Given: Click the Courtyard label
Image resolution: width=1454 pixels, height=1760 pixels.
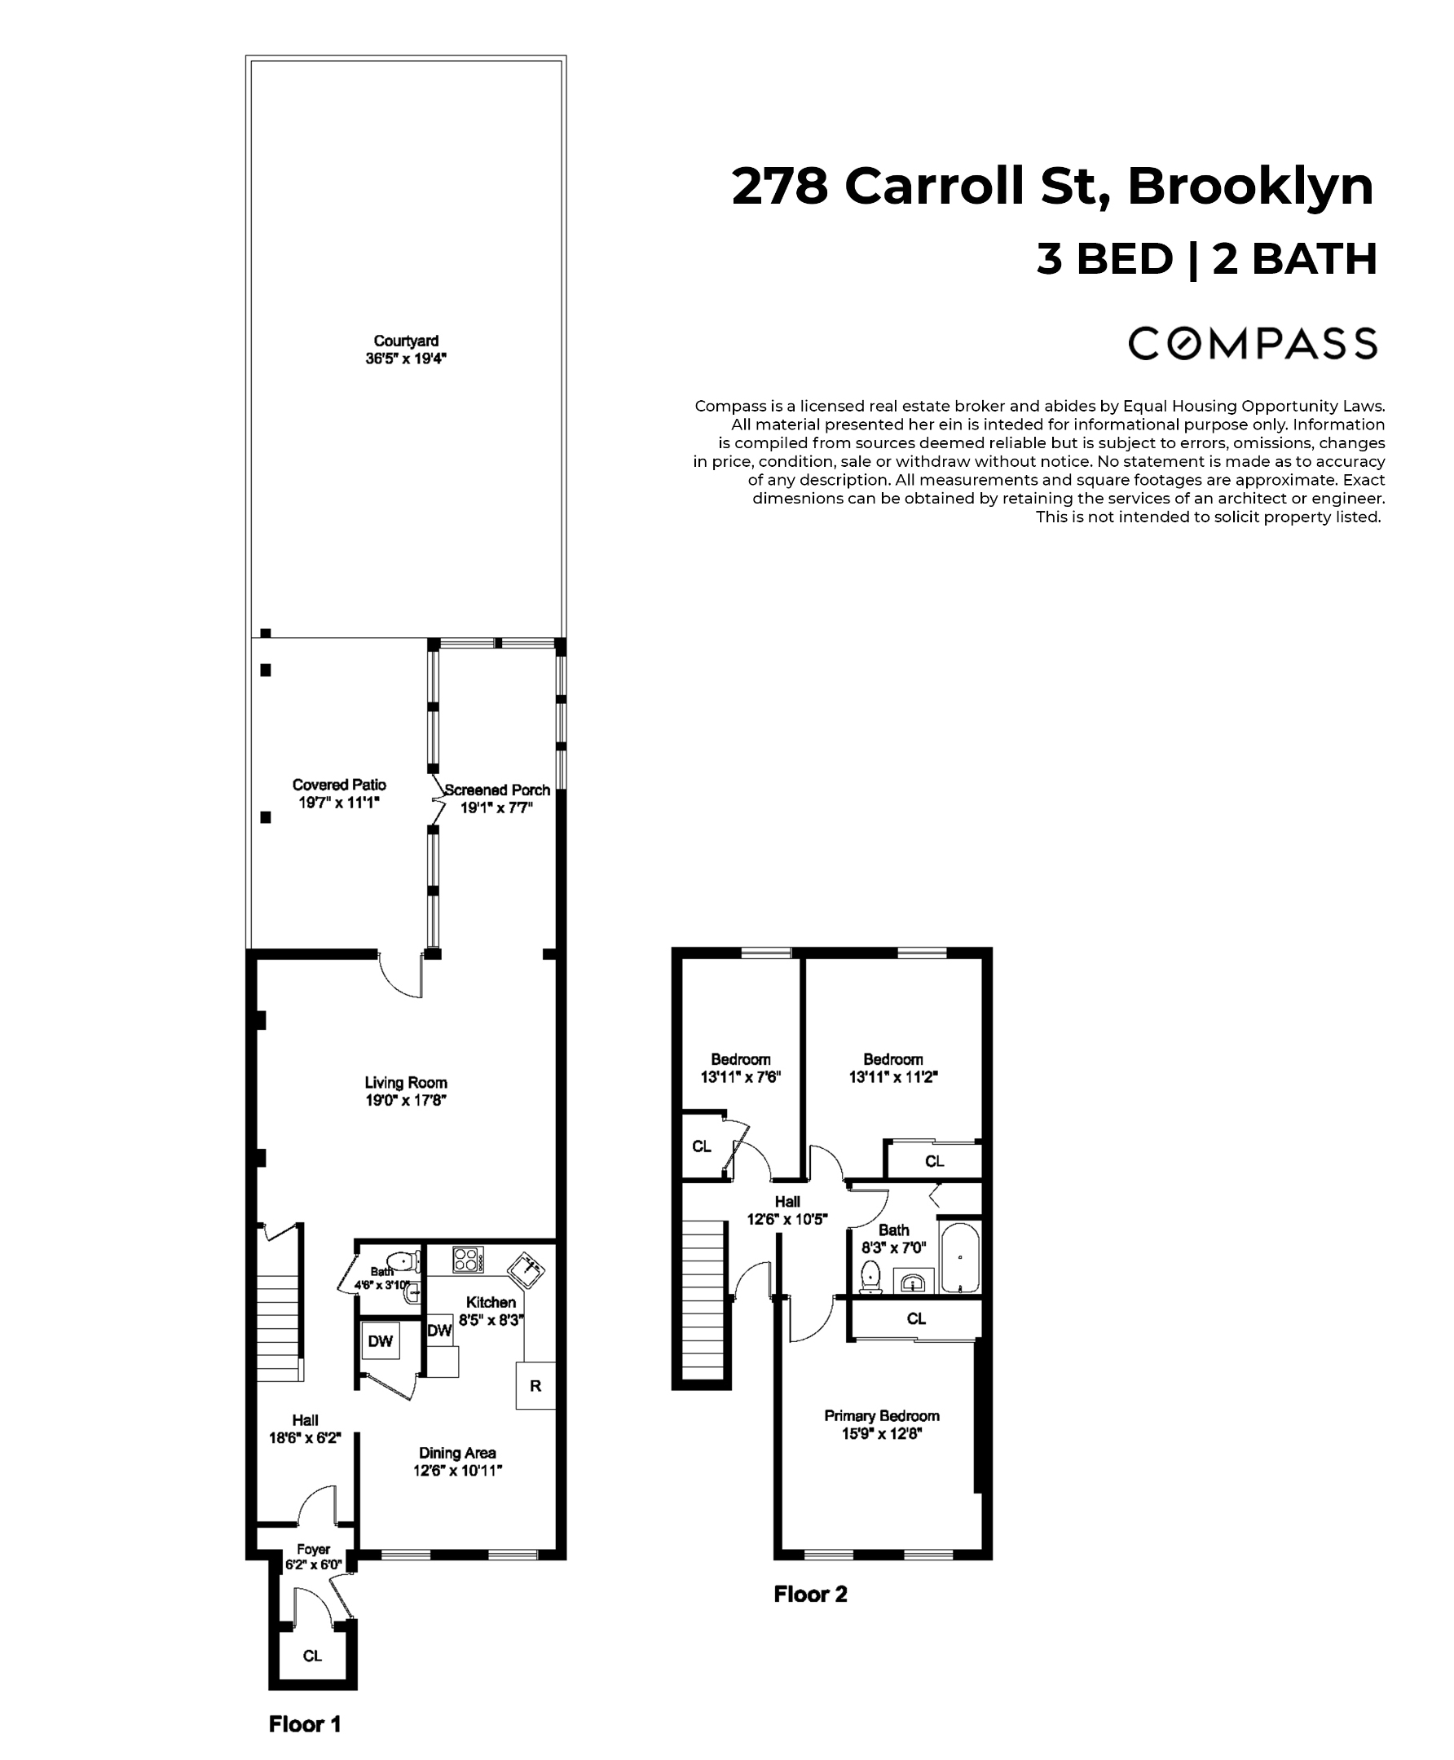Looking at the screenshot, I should (406, 341).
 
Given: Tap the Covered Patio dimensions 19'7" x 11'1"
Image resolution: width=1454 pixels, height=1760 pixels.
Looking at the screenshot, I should (339, 803).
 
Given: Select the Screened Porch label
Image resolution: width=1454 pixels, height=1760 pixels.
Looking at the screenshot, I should (497, 790).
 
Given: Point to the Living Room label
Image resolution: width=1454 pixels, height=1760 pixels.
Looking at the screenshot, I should (405, 1083).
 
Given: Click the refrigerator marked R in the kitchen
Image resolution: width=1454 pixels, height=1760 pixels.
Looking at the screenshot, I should (535, 1386).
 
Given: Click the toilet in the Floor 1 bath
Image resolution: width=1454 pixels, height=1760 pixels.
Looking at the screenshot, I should (403, 1261).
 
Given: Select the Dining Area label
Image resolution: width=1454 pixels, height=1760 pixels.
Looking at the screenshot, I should (457, 1453).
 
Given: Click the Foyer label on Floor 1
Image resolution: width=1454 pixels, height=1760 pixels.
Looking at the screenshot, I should (313, 1549).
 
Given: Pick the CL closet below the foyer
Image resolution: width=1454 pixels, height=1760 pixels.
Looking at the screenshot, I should (312, 1656).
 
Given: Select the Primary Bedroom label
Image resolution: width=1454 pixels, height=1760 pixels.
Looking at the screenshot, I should (881, 1415).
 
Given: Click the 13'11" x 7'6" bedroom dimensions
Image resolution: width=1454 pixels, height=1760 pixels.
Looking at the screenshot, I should (740, 1078).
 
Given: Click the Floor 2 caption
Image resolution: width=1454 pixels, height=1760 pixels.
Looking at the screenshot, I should (810, 1595).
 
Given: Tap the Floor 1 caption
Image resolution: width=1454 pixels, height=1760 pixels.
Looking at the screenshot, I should (305, 1724).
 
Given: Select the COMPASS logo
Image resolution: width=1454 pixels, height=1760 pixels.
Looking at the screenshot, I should (1252, 343).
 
